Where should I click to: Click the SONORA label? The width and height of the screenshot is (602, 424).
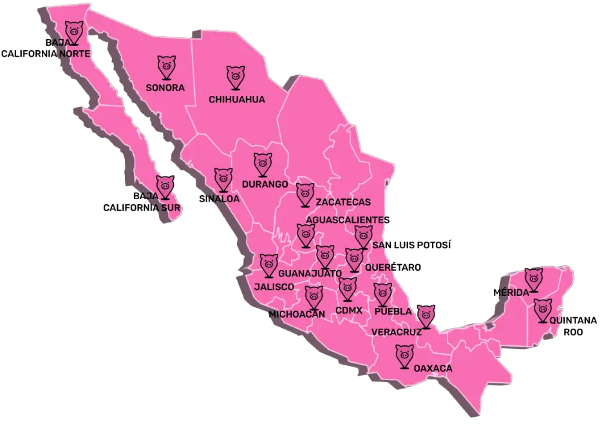[x=165, y=88]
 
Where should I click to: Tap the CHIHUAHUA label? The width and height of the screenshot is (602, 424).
[x=237, y=99]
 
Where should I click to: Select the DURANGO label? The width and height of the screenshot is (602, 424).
[x=265, y=184]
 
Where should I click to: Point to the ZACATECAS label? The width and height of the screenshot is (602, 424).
[x=343, y=202]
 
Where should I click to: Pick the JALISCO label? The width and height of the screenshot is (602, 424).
[x=274, y=286]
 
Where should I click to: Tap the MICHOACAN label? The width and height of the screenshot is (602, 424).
[x=297, y=314]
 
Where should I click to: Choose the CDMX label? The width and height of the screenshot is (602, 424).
[x=349, y=310]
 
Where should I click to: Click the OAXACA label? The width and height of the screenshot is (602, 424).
[x=433, y=369]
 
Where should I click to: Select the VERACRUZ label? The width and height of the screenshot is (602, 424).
[x=397, y=332]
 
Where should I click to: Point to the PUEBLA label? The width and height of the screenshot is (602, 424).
[x=393, y=312]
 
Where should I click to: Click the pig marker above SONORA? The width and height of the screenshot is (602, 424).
[x=166, y=66]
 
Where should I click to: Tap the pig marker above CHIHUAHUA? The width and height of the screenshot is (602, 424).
[x=236, y=77]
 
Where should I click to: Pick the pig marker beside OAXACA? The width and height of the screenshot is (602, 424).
[x=404, y=355]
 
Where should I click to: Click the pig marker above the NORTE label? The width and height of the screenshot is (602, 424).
[x=75, y=32]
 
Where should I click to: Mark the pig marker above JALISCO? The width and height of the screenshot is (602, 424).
[x=268, y=264]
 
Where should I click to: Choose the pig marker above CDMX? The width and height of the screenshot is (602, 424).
[x=348, y=288]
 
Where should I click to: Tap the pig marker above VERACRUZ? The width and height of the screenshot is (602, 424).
[x=426, y=316]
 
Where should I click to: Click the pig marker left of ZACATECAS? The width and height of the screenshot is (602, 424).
[x=305, y=194]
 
